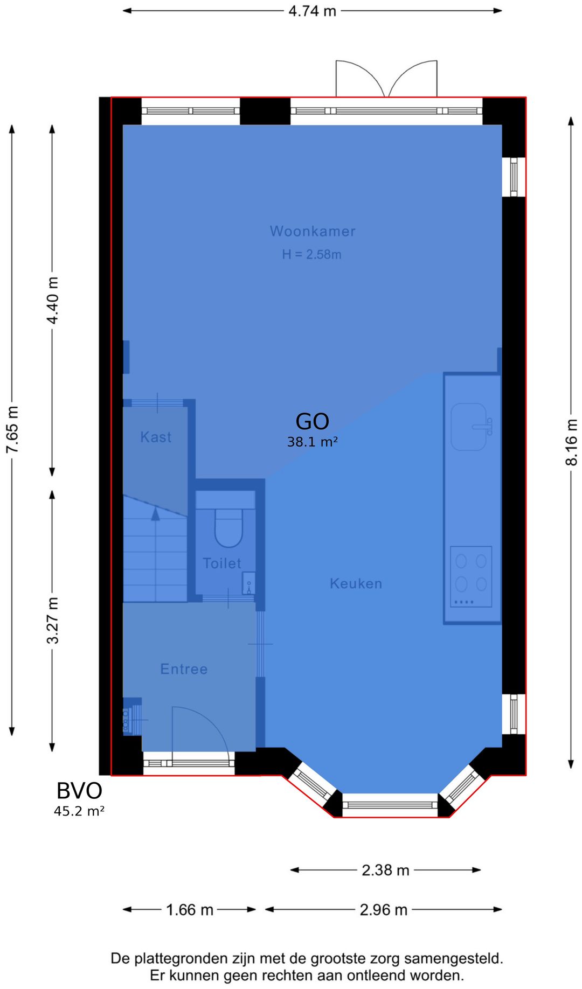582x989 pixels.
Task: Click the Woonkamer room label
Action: [313, 232]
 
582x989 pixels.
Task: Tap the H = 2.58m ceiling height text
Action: [312, 254]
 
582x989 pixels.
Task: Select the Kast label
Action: [156, 437]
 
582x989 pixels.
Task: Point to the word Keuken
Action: [356, 583]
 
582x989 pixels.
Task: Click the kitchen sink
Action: [469, 427]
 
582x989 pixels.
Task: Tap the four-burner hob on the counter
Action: [471, 576]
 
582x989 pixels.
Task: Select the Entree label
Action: [184, 669]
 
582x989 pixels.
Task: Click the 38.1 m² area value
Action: [313, 442]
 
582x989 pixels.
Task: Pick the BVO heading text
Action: [79, 791]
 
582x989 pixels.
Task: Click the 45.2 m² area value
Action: [79, 811]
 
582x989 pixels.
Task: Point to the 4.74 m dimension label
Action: [313, 11]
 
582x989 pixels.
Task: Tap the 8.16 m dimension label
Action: [571, 442]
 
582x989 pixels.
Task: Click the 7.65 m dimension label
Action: [12, 429]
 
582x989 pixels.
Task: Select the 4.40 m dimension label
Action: [52, 301]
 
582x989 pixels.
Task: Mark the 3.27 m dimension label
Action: [52, 621]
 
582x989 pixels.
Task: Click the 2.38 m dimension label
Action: [386, 870]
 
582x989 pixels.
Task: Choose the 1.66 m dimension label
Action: [190, 910]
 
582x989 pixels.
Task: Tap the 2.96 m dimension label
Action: [384, 910]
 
